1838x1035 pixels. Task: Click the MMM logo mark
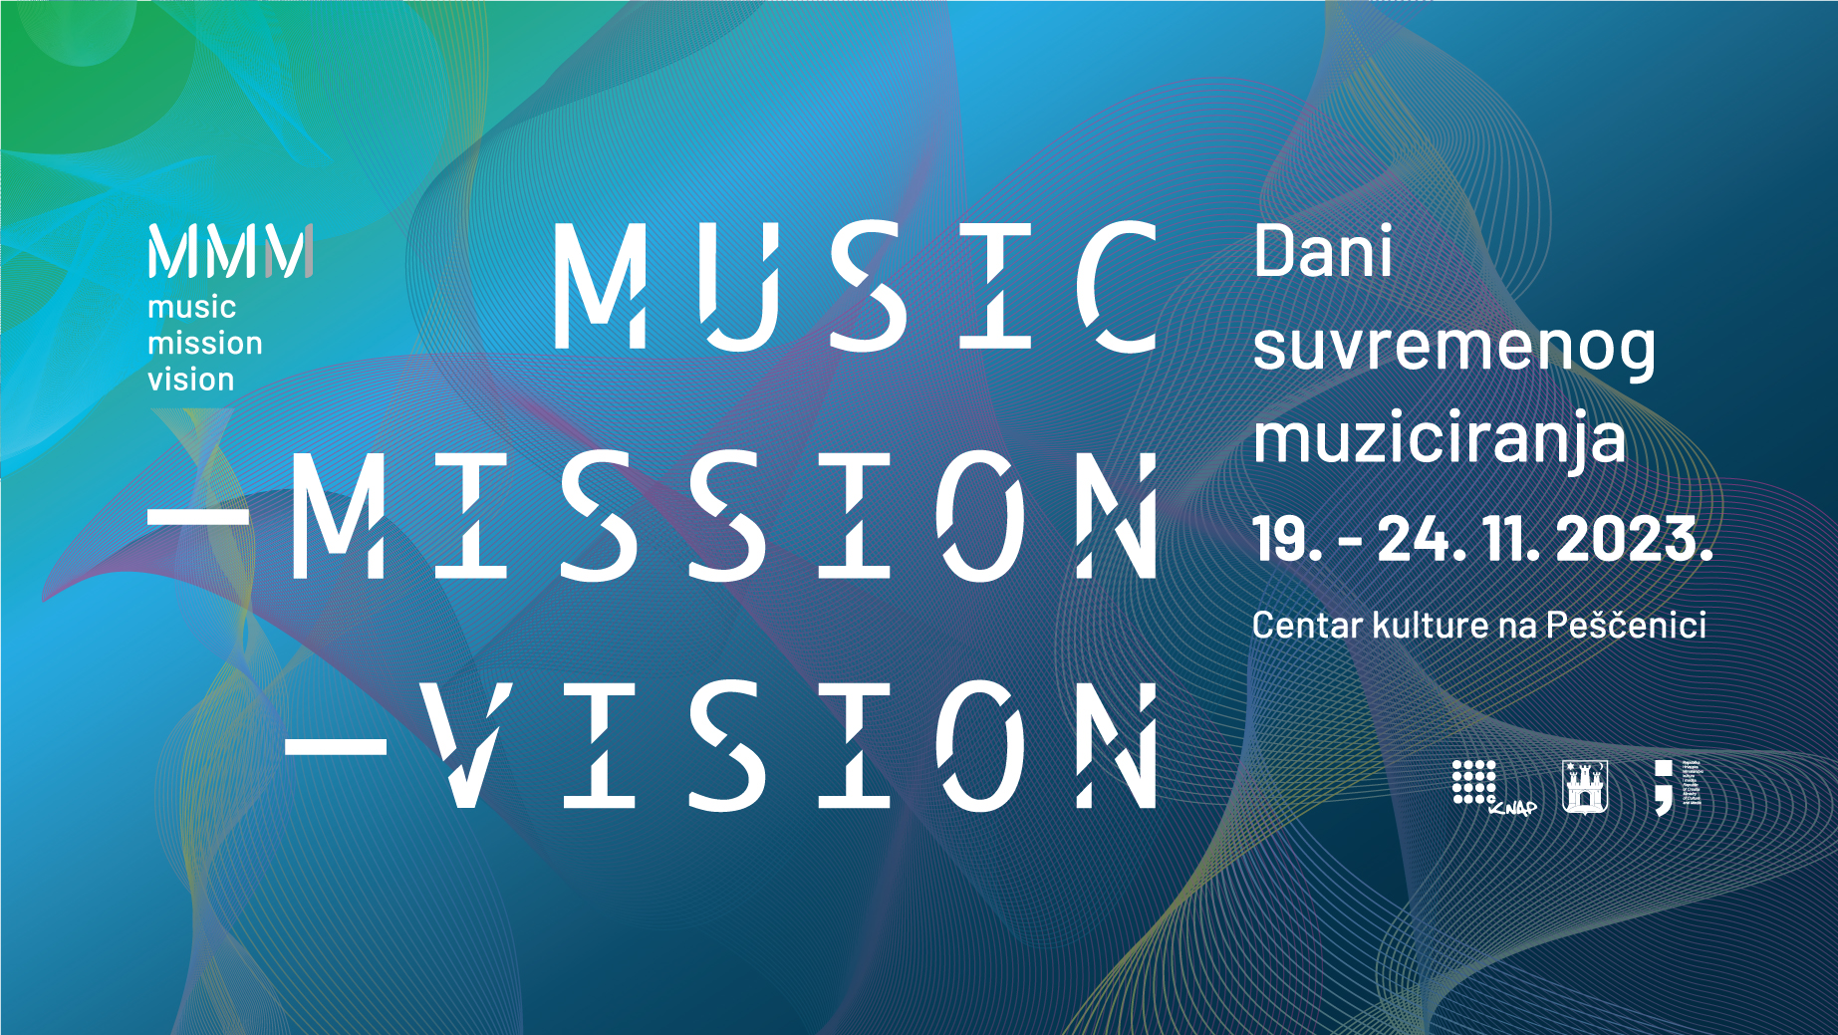[x=230, y=251]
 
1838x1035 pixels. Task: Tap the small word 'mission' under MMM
[x=205, y=344]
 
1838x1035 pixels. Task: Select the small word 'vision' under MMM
[x=191, y=380]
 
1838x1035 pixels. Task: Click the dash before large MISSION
[x=198, y=516]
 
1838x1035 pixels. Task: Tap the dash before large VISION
[x=336, y=744]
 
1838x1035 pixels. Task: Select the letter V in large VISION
[x=465, y=744]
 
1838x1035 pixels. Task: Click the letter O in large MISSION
[x=981, y=516]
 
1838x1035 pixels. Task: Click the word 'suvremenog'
[x=1453, y=348]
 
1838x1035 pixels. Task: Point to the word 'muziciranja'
[x=1439, y=439]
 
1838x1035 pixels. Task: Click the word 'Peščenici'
[x=1626, y=626]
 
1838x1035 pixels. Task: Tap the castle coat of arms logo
[x=1584, y=787]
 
